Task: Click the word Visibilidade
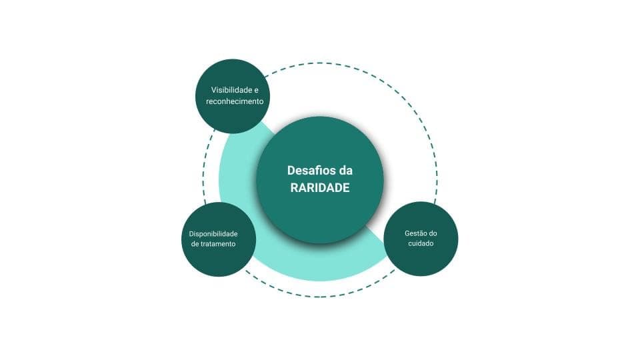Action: [231, 90]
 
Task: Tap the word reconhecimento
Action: [235, 101]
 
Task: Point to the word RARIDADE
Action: [320, 188]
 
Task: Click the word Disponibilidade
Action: [213, 234]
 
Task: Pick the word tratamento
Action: [219, 244]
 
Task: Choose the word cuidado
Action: [421, 243]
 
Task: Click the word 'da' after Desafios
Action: [345, 170]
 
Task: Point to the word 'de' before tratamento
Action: [195, 244]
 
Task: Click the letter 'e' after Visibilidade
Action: [256, 90]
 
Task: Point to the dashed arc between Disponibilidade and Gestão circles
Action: [320, 297]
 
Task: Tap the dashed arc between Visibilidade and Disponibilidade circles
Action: [203, 167]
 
